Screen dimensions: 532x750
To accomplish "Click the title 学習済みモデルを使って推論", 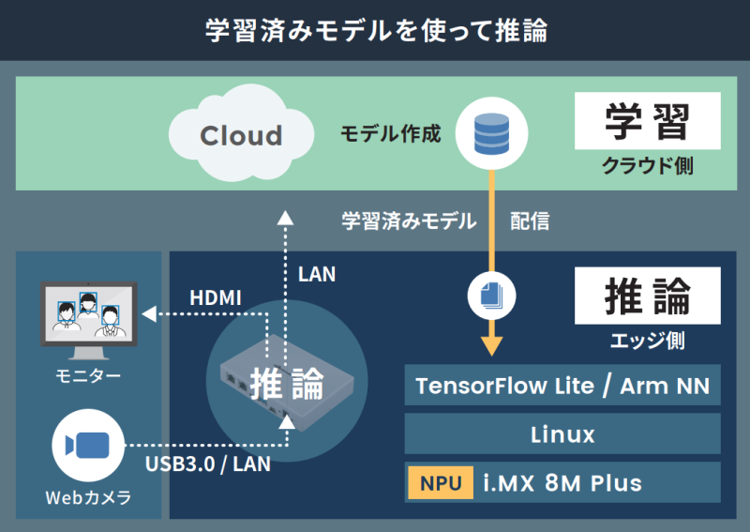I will [x=375, y=30].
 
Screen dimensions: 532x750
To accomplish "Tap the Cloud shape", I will [x=240, y=135].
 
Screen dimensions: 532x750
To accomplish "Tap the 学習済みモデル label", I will [x=409, y=221].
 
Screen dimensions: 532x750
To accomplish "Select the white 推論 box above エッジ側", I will [x=647, y=296].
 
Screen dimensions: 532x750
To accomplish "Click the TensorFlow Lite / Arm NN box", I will [x=562, y=386].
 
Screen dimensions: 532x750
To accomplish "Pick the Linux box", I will [x=562, y=434].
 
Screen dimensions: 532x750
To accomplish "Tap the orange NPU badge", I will [x=441, y=483].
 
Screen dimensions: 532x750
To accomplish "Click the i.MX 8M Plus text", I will [x=562, y=483].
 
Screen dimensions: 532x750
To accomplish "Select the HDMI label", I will [x=216, y=297].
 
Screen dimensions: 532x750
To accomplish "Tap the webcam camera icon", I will [x=88, y=445].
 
